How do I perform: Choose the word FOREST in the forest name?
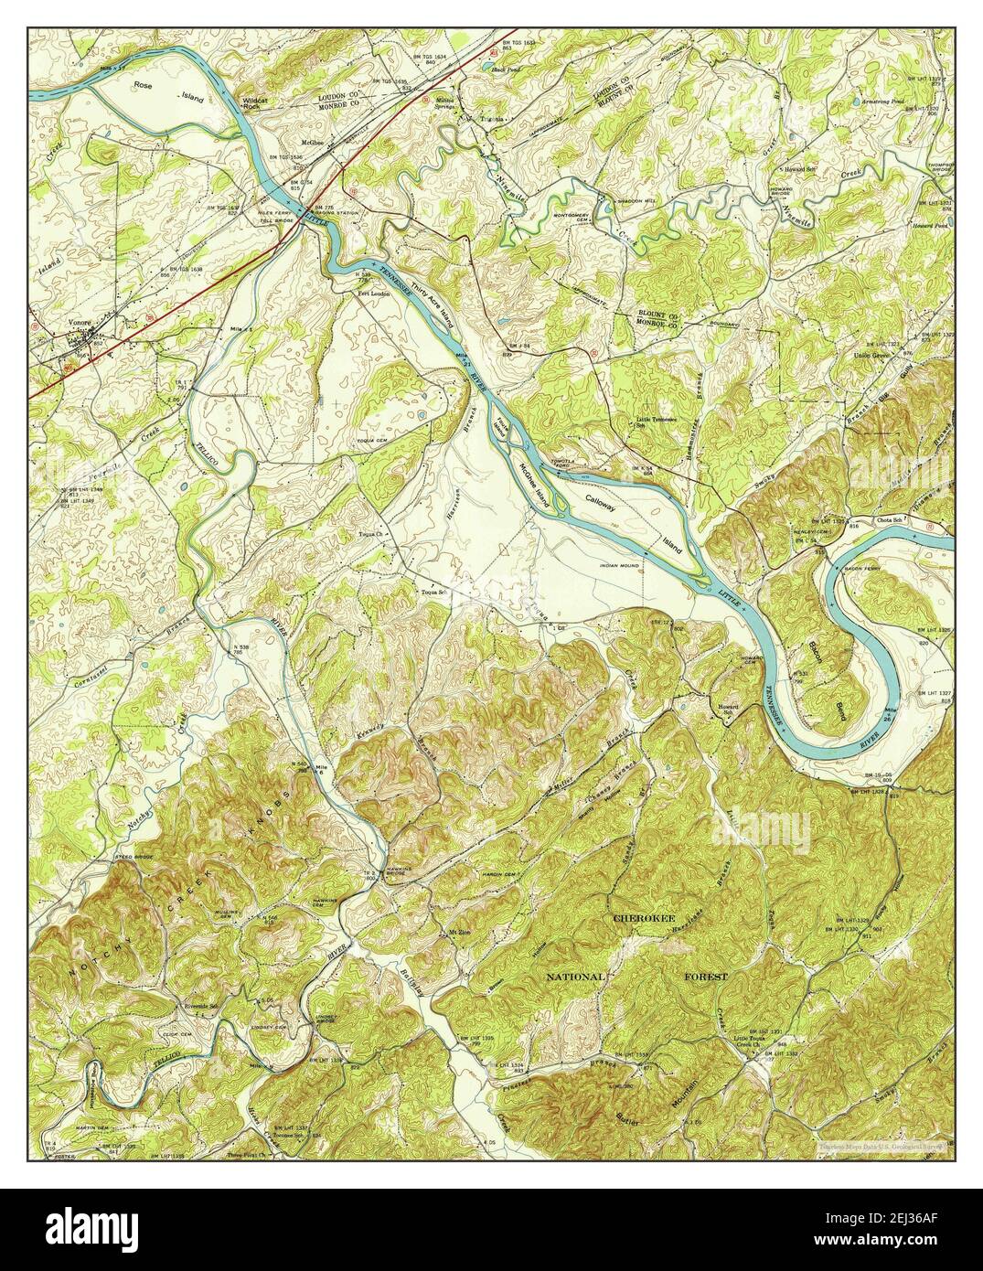coord(706,977)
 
